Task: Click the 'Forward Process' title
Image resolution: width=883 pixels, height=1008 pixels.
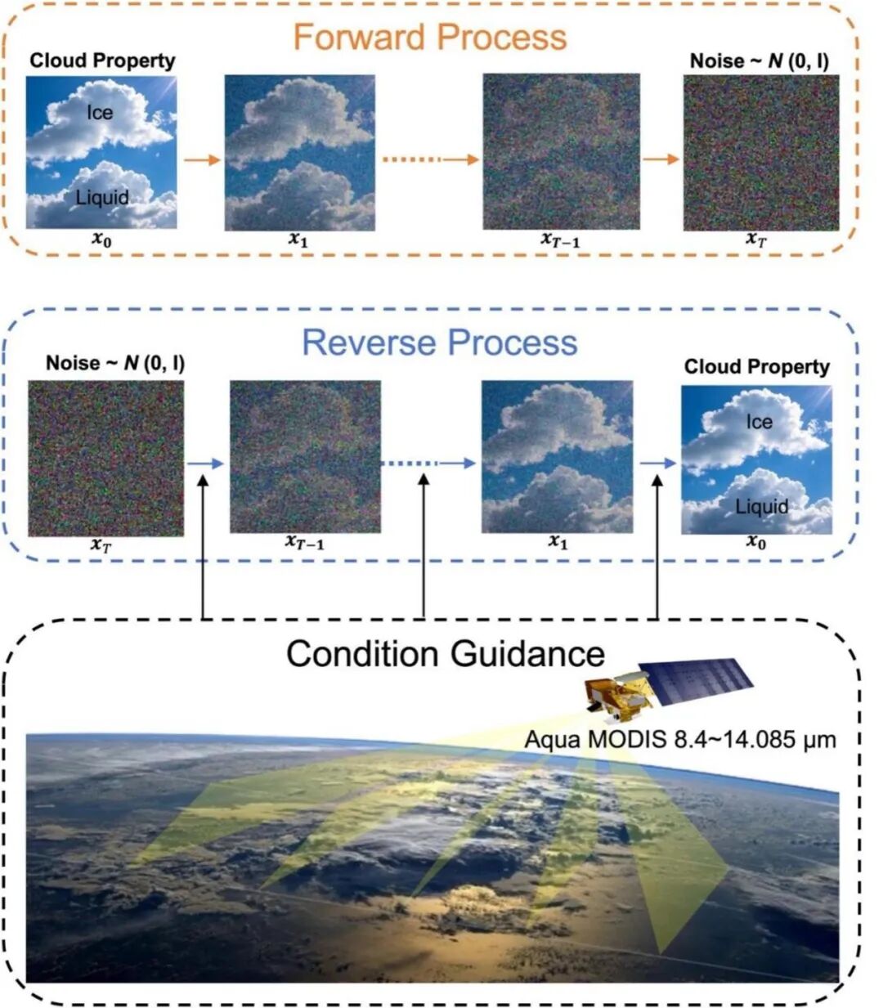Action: coord(429,38)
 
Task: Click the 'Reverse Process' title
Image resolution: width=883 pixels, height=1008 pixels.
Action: coord(440,343)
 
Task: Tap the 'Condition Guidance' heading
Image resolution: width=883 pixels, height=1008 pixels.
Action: coord(446,653)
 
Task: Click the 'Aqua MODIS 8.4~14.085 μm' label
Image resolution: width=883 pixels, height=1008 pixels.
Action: coord(680,739)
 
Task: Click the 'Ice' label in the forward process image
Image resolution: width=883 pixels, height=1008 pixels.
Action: coord(100,112)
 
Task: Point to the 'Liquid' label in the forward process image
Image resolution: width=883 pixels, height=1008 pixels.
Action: coord(102,197)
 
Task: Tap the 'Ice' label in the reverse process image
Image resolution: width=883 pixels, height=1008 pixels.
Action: coord(759,422)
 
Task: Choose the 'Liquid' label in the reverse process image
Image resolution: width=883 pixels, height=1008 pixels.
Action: coord(761,507)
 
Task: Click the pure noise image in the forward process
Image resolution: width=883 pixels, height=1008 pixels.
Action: coord(761,153)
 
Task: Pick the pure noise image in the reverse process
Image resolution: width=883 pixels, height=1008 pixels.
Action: coord(105,458)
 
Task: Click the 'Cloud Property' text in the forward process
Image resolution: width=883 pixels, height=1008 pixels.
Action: coord(102,60)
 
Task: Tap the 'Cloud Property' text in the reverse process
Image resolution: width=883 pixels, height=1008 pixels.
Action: coord(756,367)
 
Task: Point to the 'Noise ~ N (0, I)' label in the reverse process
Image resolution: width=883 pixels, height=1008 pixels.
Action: coord(114,363)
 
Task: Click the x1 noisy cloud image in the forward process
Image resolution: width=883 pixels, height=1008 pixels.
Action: coord(299,153)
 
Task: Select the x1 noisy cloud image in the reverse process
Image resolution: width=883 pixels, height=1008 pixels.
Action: coord(557,457)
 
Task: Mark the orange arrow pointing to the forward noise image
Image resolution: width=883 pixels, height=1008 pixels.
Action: coord(661,159)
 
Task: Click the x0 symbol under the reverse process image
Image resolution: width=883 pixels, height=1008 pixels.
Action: coord(756,542)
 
